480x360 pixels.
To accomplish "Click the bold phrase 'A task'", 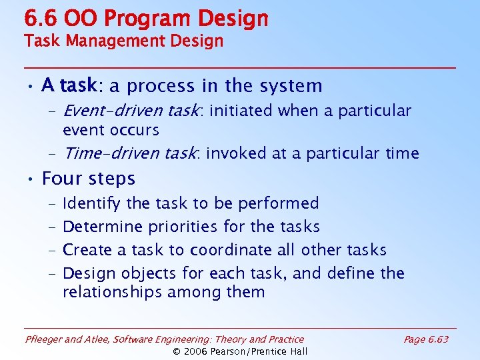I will [69, 86].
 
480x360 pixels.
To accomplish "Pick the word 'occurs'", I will [135, 130].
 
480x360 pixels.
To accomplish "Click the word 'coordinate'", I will [230, 250].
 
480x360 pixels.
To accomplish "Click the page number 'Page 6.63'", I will [426, 339].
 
